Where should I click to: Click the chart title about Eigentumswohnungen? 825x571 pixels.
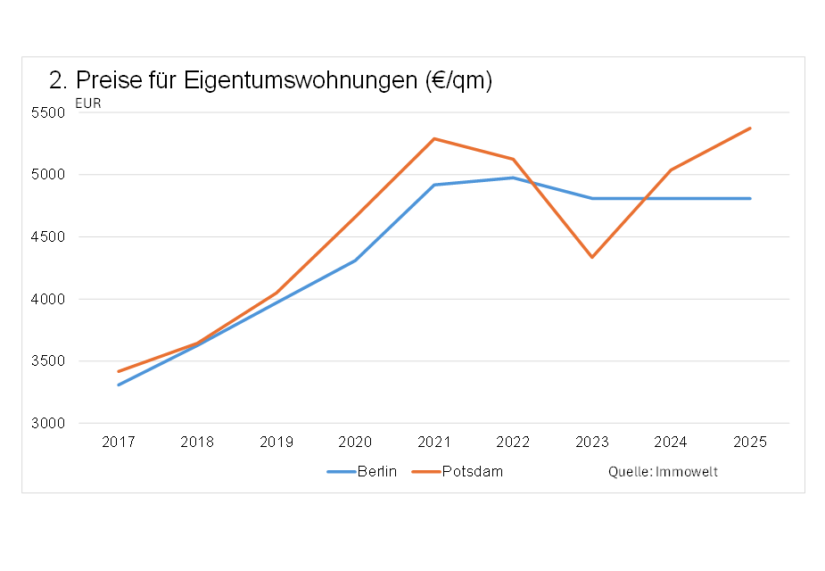pyautogui.click(x=271, y=80)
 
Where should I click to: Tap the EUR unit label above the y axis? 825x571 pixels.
pyautogui.click(x=87, y=103)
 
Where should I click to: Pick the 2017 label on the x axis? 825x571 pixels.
pyautogui.click(x=118, y=442)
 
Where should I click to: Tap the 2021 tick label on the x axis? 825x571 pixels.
pyautogui.click(x=434, y=442)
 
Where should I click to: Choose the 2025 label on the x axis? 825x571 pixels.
pyautogui.click(x=750, y=442)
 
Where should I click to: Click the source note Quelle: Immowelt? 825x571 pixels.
pyautogui.click(x=663, y=471)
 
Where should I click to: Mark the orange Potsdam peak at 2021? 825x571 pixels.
pyautogui.click(x=434, y=138)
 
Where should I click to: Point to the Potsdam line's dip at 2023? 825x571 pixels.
pyautogui.click(x=592, y=257)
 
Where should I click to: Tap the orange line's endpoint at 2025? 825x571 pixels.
pyautogui.click(x=750, y=128)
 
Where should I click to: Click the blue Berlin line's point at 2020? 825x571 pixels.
pyautogui.click(x=355, y=261)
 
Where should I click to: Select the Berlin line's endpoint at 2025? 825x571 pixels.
pyautogui.click(x=750, y=198)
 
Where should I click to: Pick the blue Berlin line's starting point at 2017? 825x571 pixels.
pyautogui.click(x=118, y=385)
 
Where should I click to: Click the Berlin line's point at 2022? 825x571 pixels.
pyautogui.click(x=513, y=178)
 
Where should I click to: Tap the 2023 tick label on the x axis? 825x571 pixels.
pyautogui.click(x=592, y=442)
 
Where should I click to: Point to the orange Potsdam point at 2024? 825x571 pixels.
pyautogui.click(x=671, y=170)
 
